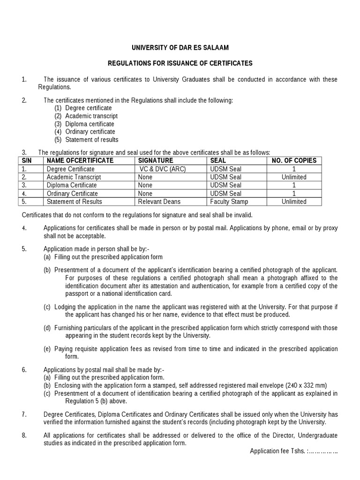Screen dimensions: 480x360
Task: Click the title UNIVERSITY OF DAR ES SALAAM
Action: (180, 48)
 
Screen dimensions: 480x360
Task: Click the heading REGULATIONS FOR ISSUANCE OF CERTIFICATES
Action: (180, 63)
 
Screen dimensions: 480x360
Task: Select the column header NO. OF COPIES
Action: (294, 161)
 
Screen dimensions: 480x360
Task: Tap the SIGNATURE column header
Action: (156, 161)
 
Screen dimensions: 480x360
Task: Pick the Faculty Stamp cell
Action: (229, 202)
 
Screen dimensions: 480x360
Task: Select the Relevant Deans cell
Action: (159, 202)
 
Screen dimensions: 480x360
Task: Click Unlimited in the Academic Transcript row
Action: (294, 177)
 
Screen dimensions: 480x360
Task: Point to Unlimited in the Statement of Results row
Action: (294, 202)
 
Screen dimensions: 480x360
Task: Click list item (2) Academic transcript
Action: (86, 116)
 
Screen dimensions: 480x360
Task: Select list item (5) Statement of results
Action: (86, 140)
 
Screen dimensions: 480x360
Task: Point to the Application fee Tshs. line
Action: (294, 451)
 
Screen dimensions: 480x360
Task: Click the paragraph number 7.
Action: (24, 414)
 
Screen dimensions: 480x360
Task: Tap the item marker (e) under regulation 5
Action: (47, 349)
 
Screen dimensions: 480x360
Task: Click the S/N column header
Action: (26, 161)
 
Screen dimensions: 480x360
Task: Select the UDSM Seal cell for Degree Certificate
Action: (226, 169)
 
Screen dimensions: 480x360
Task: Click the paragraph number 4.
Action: (24, 228)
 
